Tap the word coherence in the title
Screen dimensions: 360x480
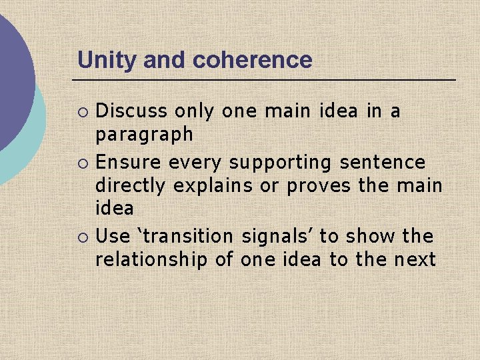coord(252,60)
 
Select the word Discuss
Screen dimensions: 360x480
coord(132,111)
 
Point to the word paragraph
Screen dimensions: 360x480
coord(145,135)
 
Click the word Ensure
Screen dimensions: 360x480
coord(129,162)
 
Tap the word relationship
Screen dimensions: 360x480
coord(152,259)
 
